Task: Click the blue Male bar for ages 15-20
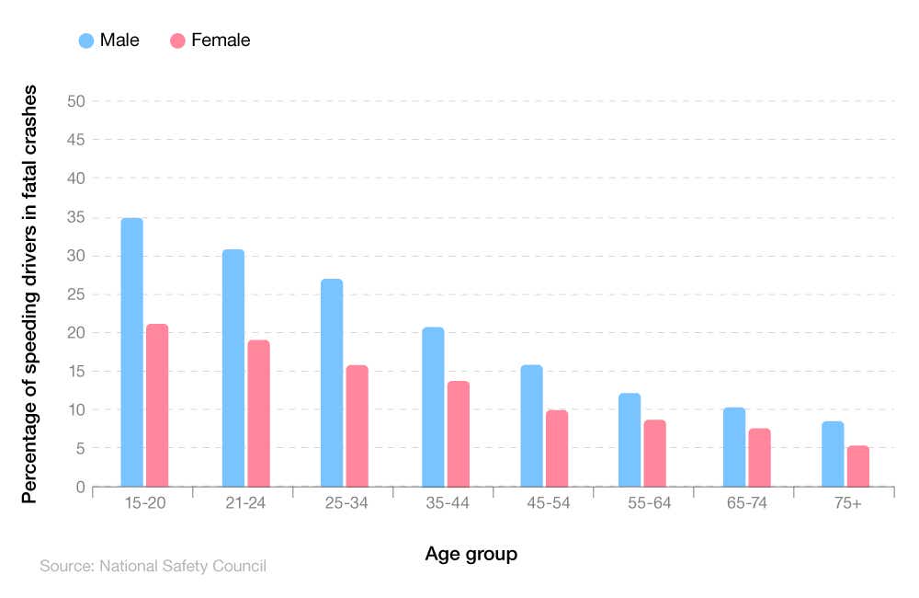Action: [x=131, y=352]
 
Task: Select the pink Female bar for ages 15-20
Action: [x=157, y=405]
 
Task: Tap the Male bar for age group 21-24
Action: [x=233, y=368]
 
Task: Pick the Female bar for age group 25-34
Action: [x=357, y=426]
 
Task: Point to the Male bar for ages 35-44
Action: [x=433, y=407]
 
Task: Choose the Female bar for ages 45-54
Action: [x=557, y=448]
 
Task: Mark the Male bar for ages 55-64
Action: [x=630, y=440]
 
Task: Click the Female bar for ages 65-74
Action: [x=759, y=457]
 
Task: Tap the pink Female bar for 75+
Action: [x=857, y=466]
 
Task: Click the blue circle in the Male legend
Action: [x=86, y=40]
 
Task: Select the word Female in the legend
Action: [x=221, y=40]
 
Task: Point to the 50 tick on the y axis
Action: [x=76, y=101]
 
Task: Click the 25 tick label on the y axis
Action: [x=76, y=294]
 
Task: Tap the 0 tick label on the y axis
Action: [x=81, y=487]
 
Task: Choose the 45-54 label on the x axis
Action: [x=543, y=503]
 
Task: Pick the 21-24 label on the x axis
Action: [x=243, y=503]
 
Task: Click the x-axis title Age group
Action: [x=471, y=554]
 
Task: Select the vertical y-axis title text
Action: [x=29, y=293]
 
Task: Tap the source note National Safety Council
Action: [x=153, y=566]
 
